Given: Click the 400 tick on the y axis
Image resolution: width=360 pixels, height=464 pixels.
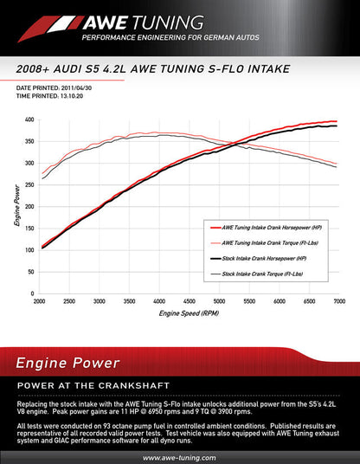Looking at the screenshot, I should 29,119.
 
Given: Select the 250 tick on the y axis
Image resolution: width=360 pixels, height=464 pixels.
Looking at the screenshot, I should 29,185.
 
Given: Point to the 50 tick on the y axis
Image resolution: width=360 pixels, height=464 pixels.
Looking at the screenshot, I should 30,272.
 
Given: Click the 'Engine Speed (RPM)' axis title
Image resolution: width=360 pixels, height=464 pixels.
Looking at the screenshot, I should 189,313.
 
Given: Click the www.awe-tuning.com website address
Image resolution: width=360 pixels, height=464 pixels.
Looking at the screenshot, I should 179,456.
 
